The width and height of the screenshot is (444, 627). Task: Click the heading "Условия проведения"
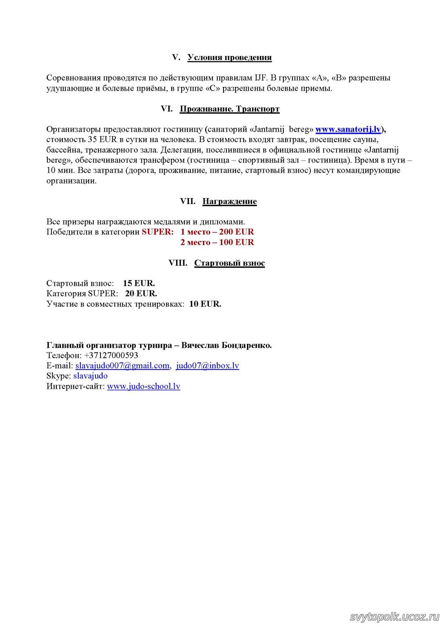point(229,57)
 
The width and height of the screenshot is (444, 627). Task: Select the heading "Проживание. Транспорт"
point(229,109)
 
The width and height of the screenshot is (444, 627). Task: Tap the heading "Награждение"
point(229,201)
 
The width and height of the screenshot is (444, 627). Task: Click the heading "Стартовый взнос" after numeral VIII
point(229,263)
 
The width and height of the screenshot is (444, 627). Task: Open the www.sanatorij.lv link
point(348,129)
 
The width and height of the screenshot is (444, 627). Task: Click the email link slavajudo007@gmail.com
point(122,366)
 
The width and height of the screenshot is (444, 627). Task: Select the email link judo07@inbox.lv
point(208,366)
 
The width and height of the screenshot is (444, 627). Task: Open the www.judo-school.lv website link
point(144,386)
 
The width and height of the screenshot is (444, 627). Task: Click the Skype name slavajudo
point(90,376)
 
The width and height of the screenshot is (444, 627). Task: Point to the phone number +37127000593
point(111,355)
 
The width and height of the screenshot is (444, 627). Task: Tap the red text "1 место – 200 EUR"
point(217,232)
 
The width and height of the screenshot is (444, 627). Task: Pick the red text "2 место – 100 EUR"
point(217,242)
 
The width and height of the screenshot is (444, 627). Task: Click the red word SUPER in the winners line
point(157,232)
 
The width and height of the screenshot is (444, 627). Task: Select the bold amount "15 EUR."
point(139,283)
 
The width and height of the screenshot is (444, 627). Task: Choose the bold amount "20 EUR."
point(141,293)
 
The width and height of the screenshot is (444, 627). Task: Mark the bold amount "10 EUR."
point(205,304)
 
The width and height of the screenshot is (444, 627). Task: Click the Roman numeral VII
point(187,201)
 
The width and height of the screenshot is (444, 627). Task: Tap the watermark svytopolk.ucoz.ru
point(394,617)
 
